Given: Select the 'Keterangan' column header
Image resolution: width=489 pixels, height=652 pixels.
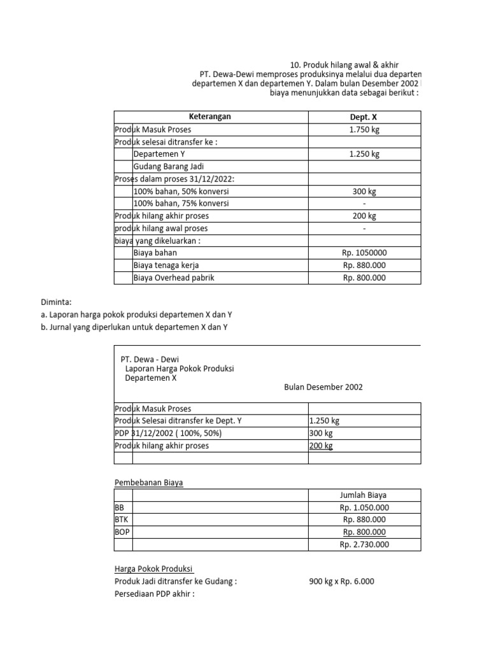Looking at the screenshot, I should coord(210,117).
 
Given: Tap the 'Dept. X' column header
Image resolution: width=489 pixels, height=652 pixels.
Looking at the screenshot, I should coord(364,117).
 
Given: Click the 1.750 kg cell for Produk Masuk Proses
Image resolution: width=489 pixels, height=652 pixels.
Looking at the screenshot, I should coord(364,129).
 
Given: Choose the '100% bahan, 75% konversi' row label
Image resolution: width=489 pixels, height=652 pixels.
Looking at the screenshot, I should coord(181,203).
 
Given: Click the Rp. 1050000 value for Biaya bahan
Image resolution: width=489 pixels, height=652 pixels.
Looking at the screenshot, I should coord(364,253).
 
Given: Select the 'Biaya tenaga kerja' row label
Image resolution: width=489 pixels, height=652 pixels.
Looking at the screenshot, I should coord(166,265).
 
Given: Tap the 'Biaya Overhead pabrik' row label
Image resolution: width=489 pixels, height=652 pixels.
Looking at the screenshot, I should coord(171,278).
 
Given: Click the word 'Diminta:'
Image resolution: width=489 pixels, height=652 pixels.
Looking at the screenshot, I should coord(55,302).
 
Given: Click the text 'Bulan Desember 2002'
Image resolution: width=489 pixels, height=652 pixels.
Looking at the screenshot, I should coord(323,387).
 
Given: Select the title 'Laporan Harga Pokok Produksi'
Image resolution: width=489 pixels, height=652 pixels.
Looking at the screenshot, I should coord(180,369).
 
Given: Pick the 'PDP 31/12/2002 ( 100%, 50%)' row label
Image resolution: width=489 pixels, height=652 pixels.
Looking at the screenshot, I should coord(168,434).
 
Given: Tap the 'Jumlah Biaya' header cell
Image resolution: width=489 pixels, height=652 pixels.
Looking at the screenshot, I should coord(364,495).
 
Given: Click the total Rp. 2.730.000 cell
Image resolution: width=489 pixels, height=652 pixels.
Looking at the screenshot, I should coord(364,544).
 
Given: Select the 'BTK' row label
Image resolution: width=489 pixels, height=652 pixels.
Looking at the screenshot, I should coord(121,520).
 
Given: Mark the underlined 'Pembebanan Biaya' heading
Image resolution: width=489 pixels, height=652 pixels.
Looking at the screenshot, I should coord(148,483).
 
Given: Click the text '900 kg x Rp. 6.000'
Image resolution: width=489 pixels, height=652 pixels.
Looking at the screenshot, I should coord(342,581).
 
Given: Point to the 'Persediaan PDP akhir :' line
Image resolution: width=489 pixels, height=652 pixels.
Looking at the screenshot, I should coord(153,594).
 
